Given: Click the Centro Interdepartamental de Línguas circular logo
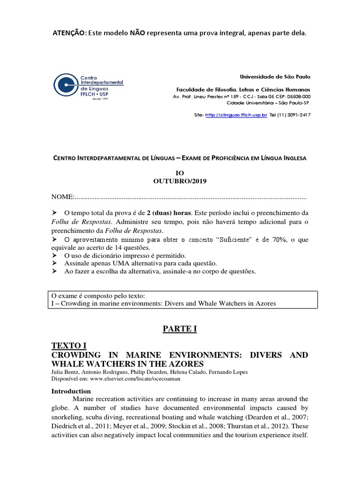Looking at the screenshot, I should coord(66,84).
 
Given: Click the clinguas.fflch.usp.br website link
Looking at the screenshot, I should coord(236,114).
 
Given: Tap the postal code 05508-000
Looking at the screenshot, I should coord(296,97).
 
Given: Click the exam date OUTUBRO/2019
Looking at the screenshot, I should coord(180,181).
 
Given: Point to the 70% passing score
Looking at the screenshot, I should coord(275,240).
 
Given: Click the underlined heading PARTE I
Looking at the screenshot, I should coord(180,329).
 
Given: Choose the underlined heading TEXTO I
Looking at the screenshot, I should coord(69,346).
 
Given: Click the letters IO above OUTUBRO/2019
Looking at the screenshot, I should coord(180,173).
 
